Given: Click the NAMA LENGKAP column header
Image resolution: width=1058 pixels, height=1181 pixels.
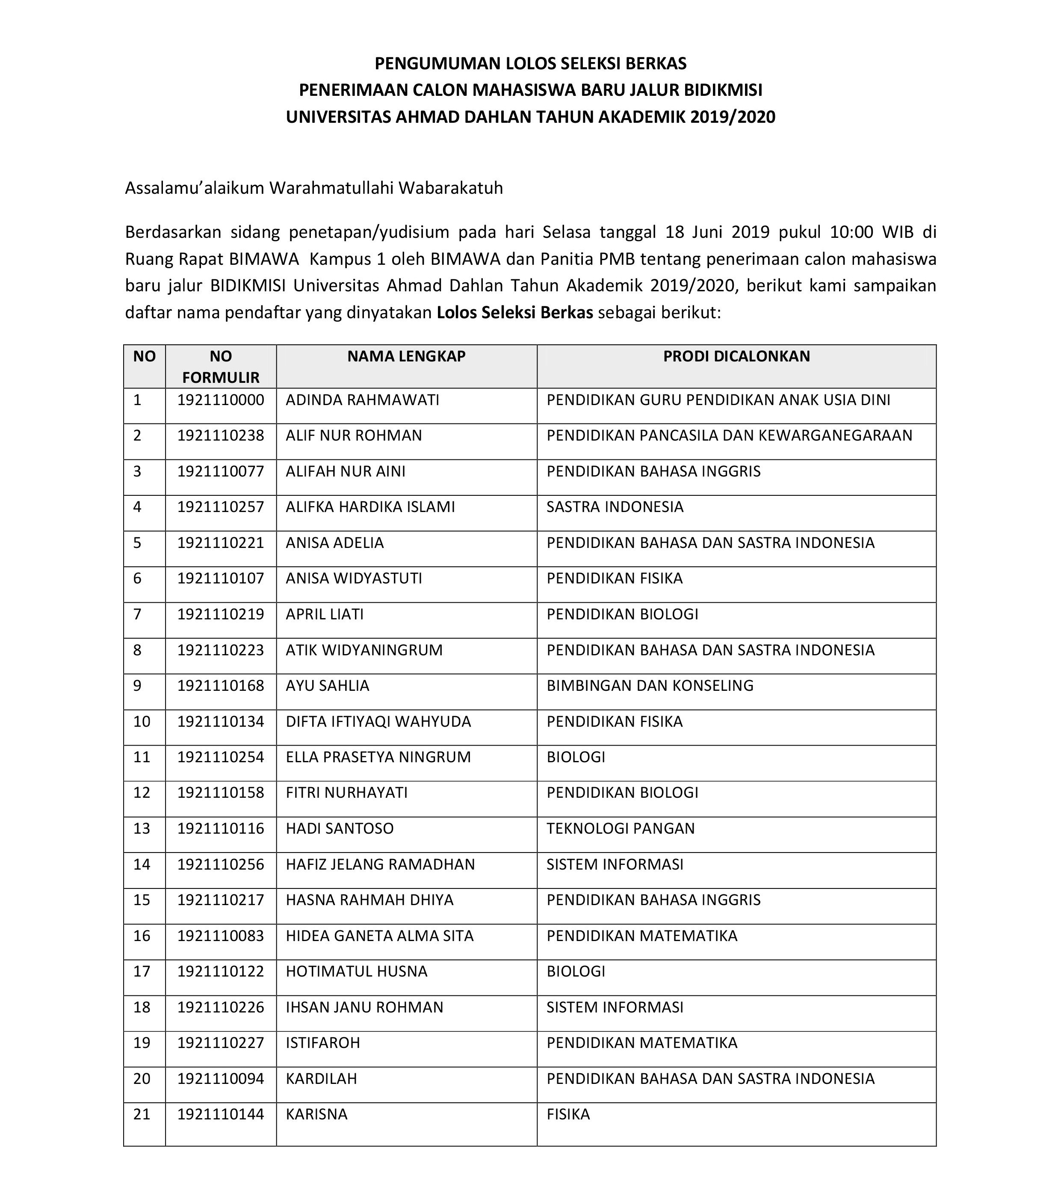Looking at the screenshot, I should pos(406,356).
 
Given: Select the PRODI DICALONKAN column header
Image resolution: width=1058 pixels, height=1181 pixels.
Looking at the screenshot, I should pos(736,356).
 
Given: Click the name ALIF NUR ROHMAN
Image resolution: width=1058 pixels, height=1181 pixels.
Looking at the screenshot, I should pos(353,435).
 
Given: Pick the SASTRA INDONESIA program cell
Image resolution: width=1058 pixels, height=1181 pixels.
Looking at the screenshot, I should pos(615,507).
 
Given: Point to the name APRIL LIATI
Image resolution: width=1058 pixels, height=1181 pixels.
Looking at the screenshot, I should pos(325,614).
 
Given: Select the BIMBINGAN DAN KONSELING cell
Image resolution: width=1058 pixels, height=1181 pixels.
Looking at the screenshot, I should pos(649,686).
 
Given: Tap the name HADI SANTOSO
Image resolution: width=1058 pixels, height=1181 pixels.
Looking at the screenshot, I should pos(340,829).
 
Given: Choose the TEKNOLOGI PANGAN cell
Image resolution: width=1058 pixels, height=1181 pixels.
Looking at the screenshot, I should pos(620,829).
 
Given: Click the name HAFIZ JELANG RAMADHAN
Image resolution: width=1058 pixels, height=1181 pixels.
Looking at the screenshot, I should pos(380,864).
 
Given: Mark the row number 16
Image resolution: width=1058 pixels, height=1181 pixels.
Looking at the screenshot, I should pos(142,936).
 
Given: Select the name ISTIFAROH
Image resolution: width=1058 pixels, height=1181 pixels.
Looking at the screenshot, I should pos(322,1043).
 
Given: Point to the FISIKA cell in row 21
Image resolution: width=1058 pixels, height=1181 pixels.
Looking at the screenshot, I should pos(568,1115).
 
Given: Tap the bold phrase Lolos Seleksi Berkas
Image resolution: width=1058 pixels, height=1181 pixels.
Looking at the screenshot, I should pos(514,313).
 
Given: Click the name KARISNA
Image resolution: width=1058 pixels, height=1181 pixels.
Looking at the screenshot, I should pos(316,1115).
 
